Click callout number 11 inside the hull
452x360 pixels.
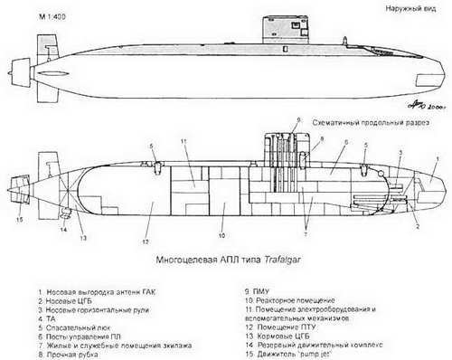pyautogui.click(x=182, y=142)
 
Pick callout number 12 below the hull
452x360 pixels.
pyautogui.click(x=144, y=242)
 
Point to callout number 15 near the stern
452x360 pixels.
pyautogui.click(x=17, y=219)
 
